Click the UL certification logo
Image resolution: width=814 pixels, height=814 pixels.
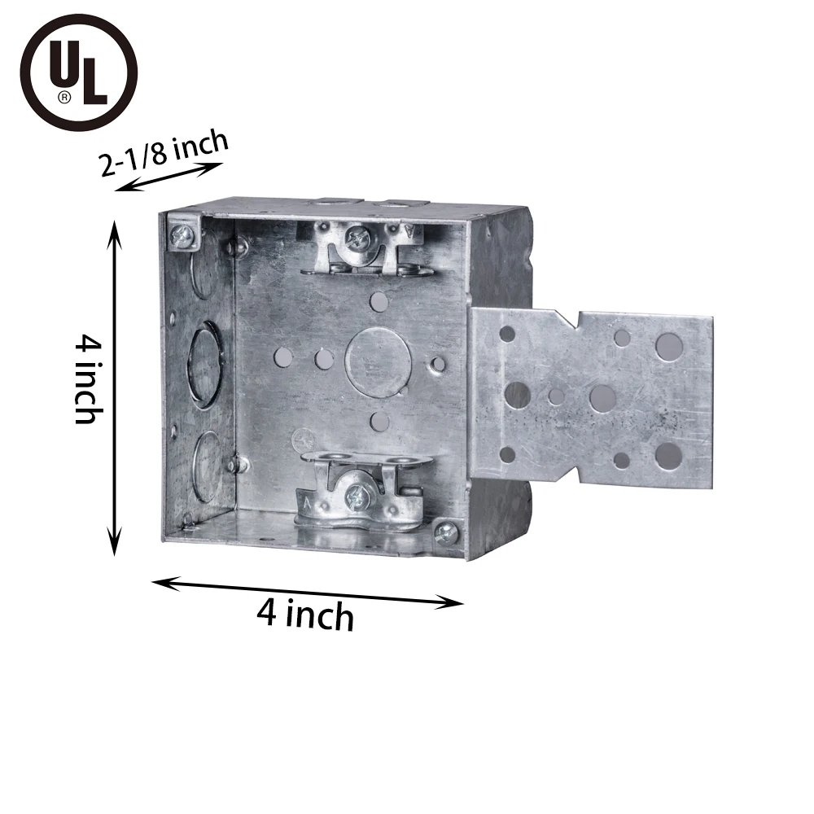pyautogui.click(x=78, y=72)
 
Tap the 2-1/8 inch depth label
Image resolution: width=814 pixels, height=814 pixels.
pyautogui.click(x=164, y=151)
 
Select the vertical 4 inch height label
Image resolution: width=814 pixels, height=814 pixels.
pyautogui.click(x=86, y=381)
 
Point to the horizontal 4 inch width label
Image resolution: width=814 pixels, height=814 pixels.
pyautogui.click(x=305, y=614)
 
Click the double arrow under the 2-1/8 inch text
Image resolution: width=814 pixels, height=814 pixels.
pyautogui.click(x=168, y=177)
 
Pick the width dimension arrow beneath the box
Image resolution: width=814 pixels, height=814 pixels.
pyautogui.click(x=308, y=591)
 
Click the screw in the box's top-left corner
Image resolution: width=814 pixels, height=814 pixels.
pyautogui.click(x=182, y=237)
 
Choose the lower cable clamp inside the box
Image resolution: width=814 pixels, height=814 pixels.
pyautogui.click(x=361, y=488)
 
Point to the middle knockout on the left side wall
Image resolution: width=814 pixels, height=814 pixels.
pyautogui.click(x=204, y=364)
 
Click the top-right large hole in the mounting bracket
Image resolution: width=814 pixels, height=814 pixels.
pyautogui.click(x=669, y=346)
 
